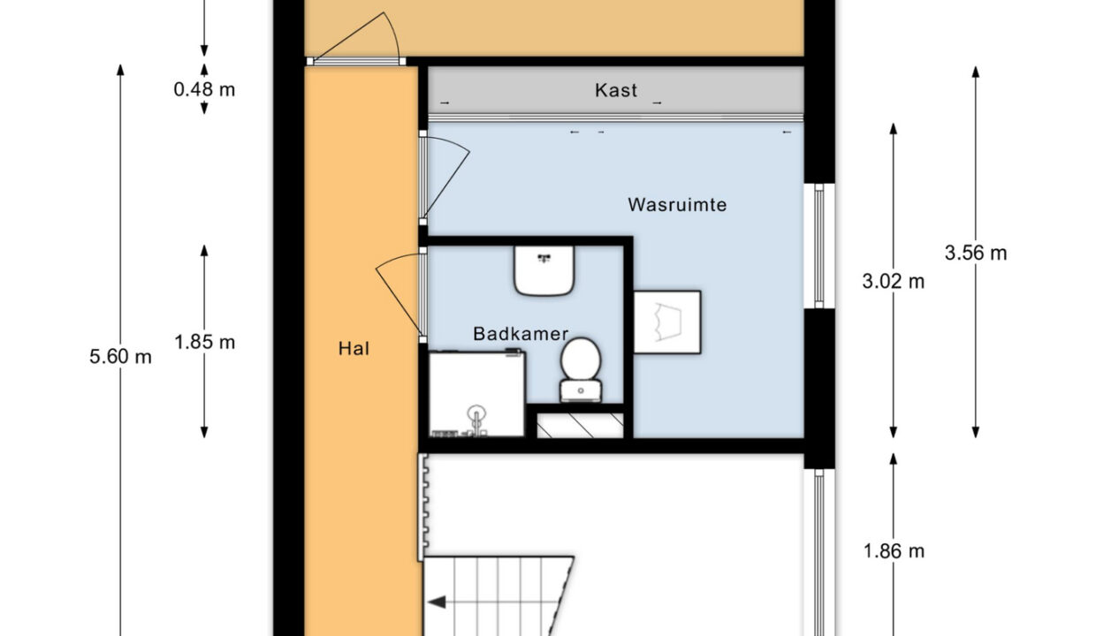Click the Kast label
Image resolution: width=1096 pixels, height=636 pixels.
coord(616,90)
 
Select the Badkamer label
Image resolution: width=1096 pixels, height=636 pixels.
coord(521,334)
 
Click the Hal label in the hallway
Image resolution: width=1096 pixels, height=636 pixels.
coord(354,348)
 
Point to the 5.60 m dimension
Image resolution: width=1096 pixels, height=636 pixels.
coord(120,358)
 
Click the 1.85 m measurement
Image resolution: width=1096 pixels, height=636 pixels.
coord(204,342)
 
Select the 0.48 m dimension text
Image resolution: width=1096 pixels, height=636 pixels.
coord(204,89)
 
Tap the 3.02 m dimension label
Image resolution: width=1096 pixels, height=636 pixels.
coord(893,282)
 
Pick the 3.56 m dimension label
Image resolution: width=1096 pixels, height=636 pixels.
coord(975,254)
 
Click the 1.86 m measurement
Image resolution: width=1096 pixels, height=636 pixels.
coord(893,551)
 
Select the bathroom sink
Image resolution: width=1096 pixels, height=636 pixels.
coord(545,270)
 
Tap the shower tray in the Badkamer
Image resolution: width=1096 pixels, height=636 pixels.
coord(477,394)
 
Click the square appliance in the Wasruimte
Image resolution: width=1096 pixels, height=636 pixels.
coord(667,322)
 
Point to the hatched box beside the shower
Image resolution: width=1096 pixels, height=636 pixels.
coord(580,425)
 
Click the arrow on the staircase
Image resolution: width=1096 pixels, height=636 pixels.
coord(439,603)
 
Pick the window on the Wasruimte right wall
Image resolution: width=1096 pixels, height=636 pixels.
coord(818,246)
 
